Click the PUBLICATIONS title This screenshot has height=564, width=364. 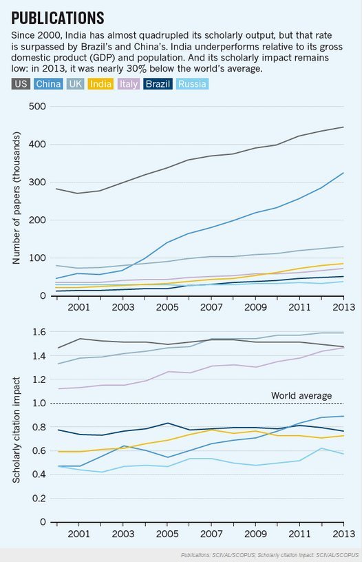click(58, 17)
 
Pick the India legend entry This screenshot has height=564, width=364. click(100, 84)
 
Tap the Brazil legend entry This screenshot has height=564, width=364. click(158, 84)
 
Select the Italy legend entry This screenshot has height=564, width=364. click(128, 84)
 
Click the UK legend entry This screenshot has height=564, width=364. click(75, 84)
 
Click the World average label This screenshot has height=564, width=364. click(301, 396)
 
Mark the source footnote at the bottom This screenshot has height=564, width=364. click(270, 555)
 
